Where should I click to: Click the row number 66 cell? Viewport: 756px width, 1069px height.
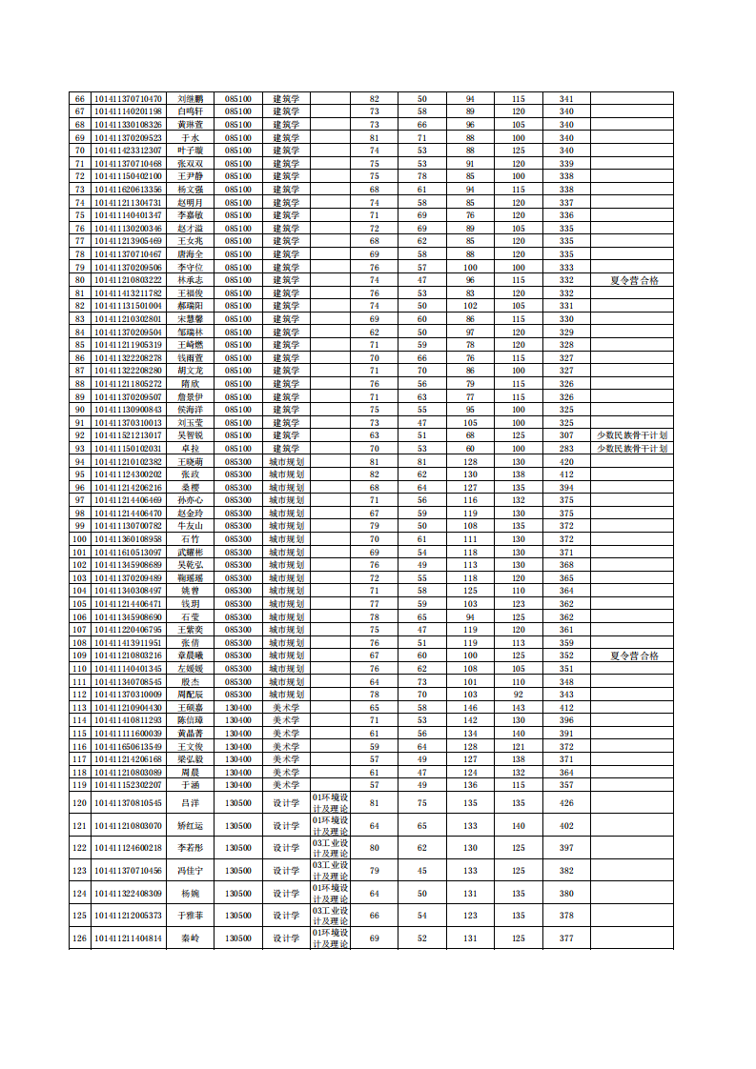[x=80, y=99]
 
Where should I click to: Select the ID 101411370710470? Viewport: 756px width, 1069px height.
[x=129, y=99]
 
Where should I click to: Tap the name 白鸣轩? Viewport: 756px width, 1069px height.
[x=191, y=112]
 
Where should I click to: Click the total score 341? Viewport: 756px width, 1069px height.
[x=566, y=99]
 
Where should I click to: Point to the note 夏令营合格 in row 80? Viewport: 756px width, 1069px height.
[x=633, y=280]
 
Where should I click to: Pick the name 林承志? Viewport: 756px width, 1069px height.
[x=191, y=280]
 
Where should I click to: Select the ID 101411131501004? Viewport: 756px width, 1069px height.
[x=129, y=306]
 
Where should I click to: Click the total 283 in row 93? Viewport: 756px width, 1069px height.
[x=566, y=448]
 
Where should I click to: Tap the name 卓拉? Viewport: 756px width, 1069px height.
[x=191, y=448]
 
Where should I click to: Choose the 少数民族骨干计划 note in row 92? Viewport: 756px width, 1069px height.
[x=633, y=435]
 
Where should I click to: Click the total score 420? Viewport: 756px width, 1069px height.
[x=566, y=461]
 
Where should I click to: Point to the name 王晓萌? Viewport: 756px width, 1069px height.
[x=191, y=461]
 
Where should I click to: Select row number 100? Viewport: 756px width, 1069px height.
[x=80, y=538]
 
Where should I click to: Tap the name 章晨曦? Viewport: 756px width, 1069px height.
[x=191, y=656]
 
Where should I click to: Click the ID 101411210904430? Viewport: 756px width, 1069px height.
[x=129, y=707]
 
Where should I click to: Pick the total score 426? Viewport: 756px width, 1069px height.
[x=566, y=803]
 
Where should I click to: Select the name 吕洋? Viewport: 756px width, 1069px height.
[x=191, y=803]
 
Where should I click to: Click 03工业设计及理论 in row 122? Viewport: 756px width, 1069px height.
[x=331, y=848]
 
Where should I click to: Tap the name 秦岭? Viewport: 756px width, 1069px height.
[x=191, y=938]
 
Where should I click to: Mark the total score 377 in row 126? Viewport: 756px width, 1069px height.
[x=566, y=938]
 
